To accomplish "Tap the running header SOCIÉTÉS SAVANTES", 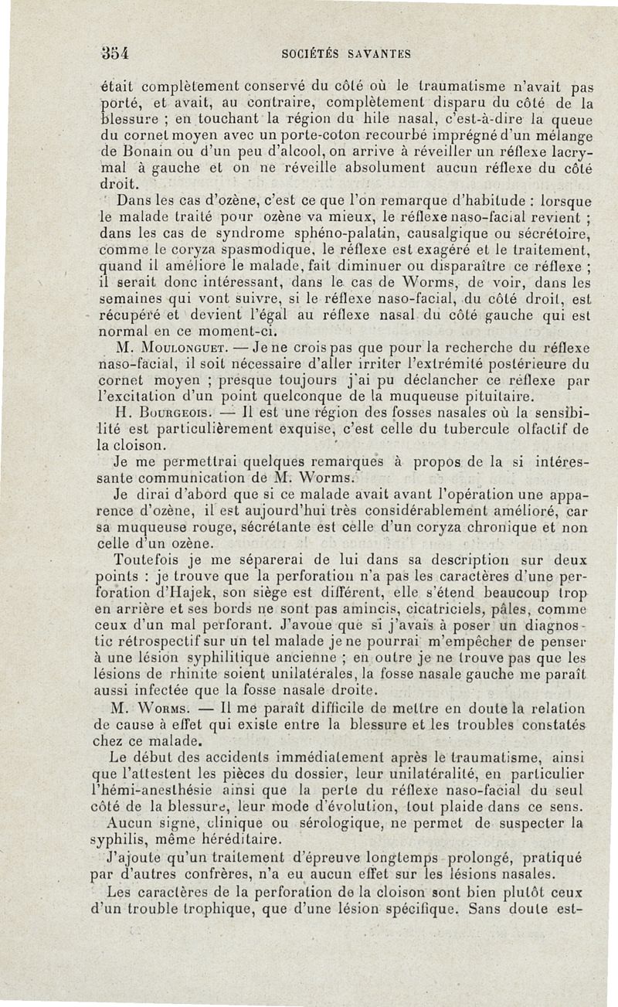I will tap(344, 54).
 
